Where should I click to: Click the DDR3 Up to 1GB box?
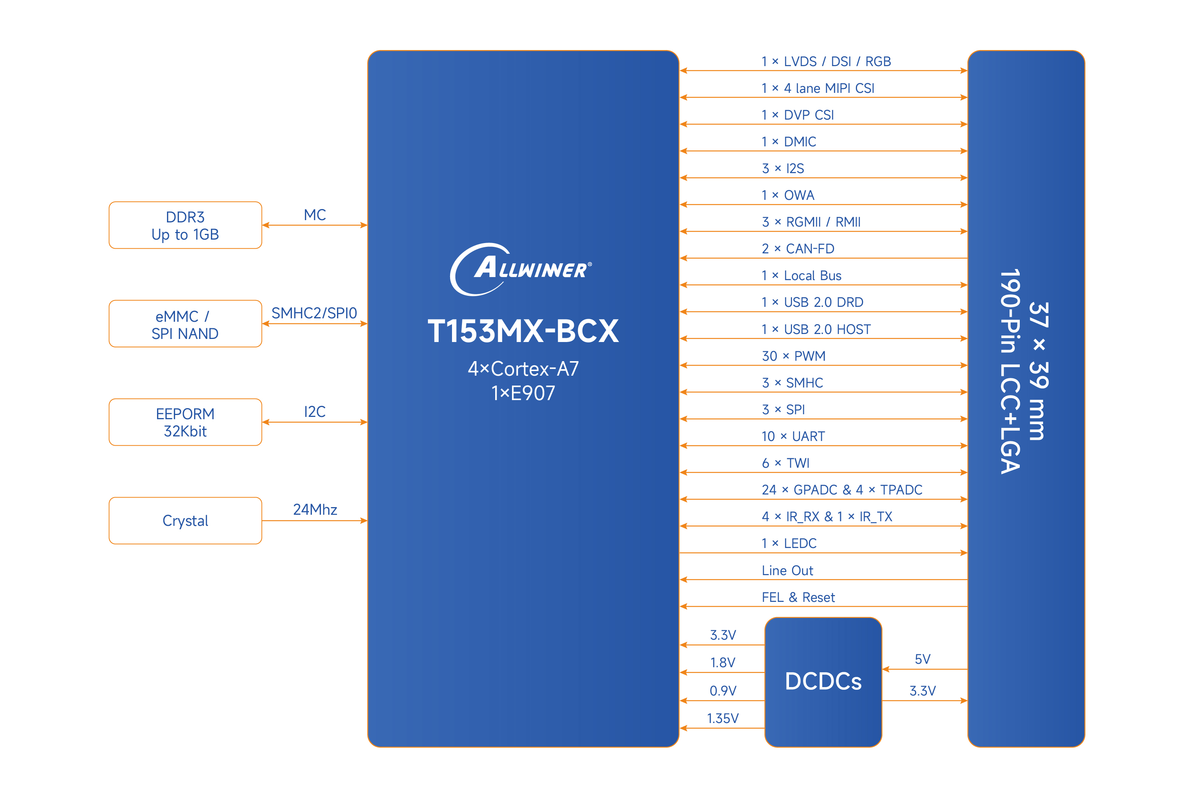tap(185, 225)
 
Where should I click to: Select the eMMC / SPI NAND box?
tap(185, 324)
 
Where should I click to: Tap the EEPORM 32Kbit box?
tap(185, 422)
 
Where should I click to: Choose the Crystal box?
tap(185, 520)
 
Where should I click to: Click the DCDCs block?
tap(823, 681)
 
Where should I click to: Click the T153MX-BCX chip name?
tap(523, 331)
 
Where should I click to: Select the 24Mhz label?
tap(314, 509)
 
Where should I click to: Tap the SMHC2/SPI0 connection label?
tap(314, 313)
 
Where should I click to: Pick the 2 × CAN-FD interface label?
tap(798, 248)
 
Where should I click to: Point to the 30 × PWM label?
tap(793, 356)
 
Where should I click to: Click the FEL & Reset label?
tap(798, 597)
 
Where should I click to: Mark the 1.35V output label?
tap(723, 718)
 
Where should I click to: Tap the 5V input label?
tap(922, 659)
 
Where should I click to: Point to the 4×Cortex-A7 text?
tap(523, 368)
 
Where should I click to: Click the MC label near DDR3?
tap(314, 215)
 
